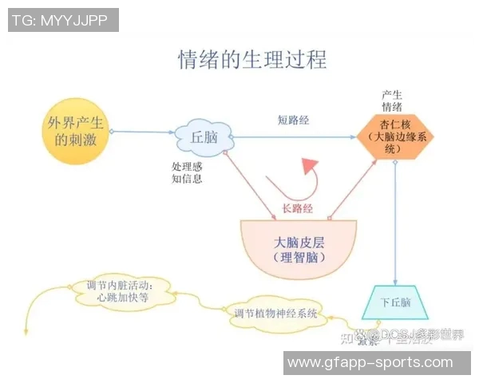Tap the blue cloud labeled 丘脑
(204, 136)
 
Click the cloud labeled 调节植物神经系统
(275, 314)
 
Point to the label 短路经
(293, 120)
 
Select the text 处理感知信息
(187, 173)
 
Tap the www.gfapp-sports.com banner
(370, 362)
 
